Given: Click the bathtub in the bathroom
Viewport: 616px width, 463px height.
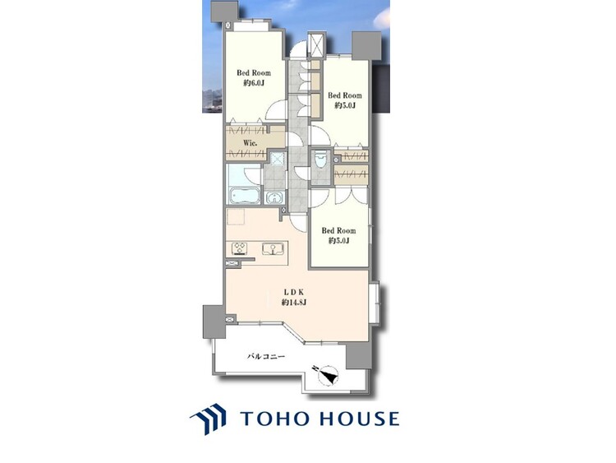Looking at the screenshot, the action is tap(245, 196).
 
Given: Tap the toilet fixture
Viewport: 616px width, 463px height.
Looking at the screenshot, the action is tap(320, 160).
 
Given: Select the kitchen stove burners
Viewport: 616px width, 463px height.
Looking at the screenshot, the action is tap(239, 248).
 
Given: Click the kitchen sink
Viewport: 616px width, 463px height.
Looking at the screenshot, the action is tap(273, 248).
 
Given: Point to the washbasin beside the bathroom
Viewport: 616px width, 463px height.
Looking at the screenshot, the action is tap(274, 197).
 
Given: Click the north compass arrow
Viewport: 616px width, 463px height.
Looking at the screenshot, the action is tap(327, 374).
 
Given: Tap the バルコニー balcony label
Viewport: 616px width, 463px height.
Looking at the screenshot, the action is tap(266, 357).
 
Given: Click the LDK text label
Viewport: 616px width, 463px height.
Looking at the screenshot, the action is tap(294, 292).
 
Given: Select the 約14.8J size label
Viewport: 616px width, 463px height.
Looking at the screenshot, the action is tap(294, 303).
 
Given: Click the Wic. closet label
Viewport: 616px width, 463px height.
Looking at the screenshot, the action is tap(250, 143).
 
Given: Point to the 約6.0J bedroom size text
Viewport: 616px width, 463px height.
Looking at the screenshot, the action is tap(254, 83).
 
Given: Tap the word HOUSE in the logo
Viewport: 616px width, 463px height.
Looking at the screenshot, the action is tap(360, 419).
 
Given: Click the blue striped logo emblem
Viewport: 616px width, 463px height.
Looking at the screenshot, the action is tap(209, 419).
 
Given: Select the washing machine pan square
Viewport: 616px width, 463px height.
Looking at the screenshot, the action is tap(278, 158).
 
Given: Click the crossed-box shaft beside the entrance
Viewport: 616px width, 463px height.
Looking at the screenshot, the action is tap(316, 45).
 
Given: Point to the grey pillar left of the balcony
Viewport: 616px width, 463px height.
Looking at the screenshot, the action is tap(214, 322).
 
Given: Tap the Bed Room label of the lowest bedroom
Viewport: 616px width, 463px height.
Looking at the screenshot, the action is tap(338, 230).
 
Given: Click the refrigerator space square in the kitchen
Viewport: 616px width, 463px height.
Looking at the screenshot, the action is tap(236, 217).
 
